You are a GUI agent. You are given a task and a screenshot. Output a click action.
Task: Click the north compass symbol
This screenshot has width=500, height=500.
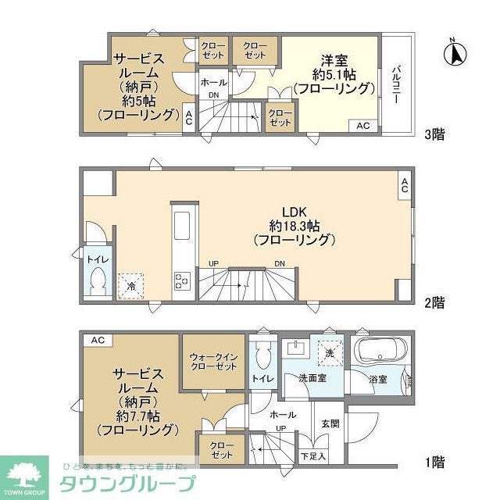point(453,53)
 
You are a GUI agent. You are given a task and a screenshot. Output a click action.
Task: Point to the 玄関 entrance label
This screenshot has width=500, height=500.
point(329,423)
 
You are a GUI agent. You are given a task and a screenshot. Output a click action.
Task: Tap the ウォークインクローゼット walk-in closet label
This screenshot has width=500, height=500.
point(212,363)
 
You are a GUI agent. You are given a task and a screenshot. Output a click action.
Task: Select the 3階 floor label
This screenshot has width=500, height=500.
point(434,134)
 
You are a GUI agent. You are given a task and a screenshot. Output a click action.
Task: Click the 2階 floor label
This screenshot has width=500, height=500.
point(434,302)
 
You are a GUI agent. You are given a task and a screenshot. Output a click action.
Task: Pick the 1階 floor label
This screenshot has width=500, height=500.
point(434,462)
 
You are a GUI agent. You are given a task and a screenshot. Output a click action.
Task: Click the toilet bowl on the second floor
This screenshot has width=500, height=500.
point(99,280)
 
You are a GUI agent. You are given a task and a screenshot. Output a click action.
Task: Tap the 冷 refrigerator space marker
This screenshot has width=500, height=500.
point(130,286)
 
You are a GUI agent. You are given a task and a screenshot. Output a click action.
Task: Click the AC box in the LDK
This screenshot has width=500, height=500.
point(404,187)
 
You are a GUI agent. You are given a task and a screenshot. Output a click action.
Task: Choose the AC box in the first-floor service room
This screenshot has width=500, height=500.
point(97,340)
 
